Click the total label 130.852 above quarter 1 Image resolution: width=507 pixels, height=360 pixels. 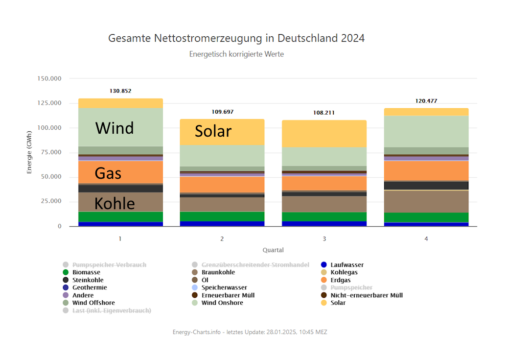click(x=120, y=91)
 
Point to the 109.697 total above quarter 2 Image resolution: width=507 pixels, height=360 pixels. click(x=222, y=112)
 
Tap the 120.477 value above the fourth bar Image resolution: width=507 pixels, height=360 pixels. click(x=426, y=101)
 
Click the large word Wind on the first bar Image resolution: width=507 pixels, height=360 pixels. click(x=115, y=128)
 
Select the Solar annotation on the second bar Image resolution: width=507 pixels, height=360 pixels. click(x=213, y=131)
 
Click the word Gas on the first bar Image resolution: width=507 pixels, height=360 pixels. click(x=108, y=173)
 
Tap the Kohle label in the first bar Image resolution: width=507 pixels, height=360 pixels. click(x=115, y=203)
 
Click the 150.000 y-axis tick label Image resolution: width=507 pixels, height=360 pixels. click(x=49, y=78)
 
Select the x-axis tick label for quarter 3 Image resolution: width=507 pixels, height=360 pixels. click(x=324, y=239)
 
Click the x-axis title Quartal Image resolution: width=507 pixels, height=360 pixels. click(x=273, y=250)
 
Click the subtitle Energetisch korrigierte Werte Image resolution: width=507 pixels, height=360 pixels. click(x=236, y=54)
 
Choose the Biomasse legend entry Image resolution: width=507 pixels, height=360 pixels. click(x=86, y=272)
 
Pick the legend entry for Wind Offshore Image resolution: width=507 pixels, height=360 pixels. click(x=92, y=303)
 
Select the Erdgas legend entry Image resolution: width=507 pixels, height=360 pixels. click(x=340, y=280)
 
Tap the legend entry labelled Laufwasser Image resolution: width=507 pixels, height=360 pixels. click(x=347, y=265)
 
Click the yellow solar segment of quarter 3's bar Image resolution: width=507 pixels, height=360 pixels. click(x=324, y=133)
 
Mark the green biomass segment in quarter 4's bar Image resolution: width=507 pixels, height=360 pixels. click(x=426, y=217)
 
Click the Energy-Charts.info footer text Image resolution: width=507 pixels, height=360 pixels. click(x=250, y=332)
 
